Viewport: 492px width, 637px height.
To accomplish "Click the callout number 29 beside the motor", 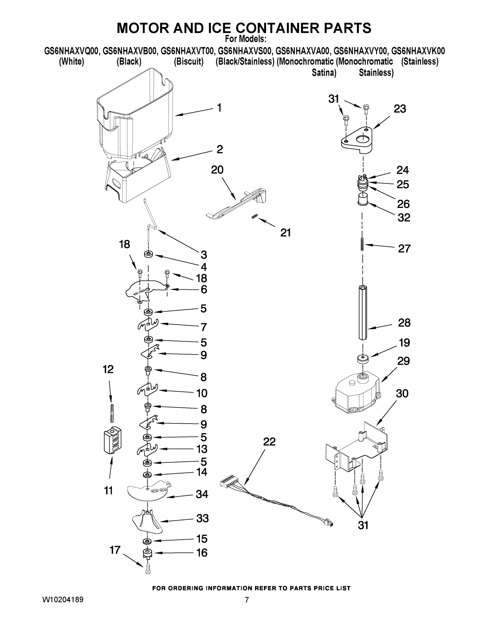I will click(x=403, y=361).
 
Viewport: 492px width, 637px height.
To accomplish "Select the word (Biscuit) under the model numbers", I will click(x=189, y=62).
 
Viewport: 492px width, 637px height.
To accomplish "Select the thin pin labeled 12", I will click(x=111, y=413).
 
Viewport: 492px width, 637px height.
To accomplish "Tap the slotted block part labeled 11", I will click(x=112, y=440).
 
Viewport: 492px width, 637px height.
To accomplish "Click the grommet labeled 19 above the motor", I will click(x=363, y=359).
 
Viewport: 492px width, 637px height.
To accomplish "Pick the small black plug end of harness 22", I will click(x=329, y=523).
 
